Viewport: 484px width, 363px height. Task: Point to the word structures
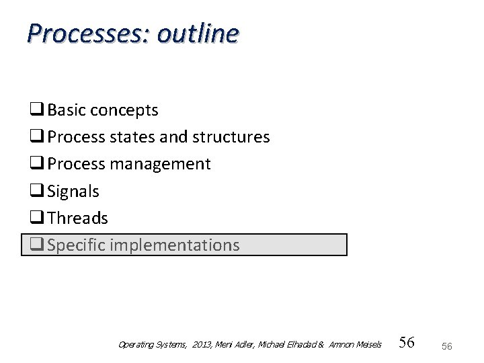tap(231, 137)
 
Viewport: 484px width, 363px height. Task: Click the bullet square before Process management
tap(36, 164)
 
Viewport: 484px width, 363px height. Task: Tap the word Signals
tap(73, 191)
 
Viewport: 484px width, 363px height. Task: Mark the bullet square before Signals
tap(36, 191)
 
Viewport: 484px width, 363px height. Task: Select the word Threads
tap(77, 218)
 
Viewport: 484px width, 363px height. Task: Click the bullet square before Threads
tap(36, 218)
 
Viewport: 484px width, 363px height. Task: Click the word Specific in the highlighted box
tap(75, 245)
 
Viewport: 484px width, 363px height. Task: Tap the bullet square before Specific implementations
tap(36, 245)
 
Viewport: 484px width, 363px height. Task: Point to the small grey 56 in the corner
tap(447, 345)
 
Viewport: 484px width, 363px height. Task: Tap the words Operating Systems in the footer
tap(153, 345)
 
